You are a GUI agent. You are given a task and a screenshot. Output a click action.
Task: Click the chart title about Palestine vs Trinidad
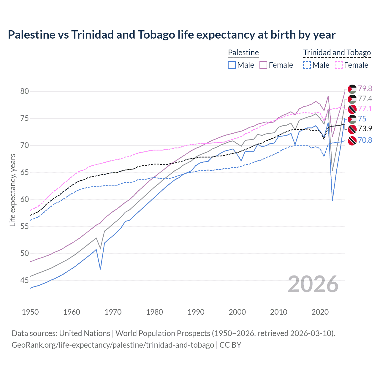click(x=172, y=35)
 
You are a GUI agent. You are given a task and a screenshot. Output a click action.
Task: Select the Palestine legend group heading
click(x=243, y=53)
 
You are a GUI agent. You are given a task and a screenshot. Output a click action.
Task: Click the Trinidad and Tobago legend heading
click(x=337, y=53)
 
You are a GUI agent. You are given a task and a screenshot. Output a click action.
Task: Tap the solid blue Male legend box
click(x=232, y=65)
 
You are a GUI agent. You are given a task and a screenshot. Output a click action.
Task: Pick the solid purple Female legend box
click(x=263, y=65)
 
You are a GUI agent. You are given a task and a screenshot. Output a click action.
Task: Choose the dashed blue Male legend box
click(x=307, y=65)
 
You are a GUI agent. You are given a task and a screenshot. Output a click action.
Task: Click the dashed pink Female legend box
click(x=339, y=65)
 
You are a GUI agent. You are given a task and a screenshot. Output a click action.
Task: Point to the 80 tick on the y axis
click(x=25, y=91)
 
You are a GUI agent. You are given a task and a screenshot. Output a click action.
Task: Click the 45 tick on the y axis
click(x=25, y=280)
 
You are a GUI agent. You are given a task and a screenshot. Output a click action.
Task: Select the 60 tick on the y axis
click(x=25, y=199)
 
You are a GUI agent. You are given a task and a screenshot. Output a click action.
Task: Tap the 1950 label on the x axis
click(x=30, y=312)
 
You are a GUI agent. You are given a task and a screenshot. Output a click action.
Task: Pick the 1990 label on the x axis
click(x=196, y=312)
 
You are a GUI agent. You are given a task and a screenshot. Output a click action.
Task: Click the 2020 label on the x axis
click(x=320, y=312)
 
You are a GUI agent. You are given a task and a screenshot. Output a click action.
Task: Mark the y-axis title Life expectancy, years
click(x=12, y=190)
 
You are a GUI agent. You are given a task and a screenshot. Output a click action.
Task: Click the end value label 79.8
click(x=365, y=88)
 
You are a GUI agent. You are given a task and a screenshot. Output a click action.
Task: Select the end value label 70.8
click(x=365, y=140)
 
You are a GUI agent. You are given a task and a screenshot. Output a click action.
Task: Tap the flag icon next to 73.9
click(x=352, y=129)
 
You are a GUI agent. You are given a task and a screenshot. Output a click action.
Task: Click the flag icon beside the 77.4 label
click(x=352, y=99)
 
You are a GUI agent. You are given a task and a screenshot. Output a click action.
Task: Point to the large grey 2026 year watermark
click(x=313, y=284)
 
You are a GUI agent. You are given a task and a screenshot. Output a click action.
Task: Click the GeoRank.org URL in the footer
click(x=113, y=345)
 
